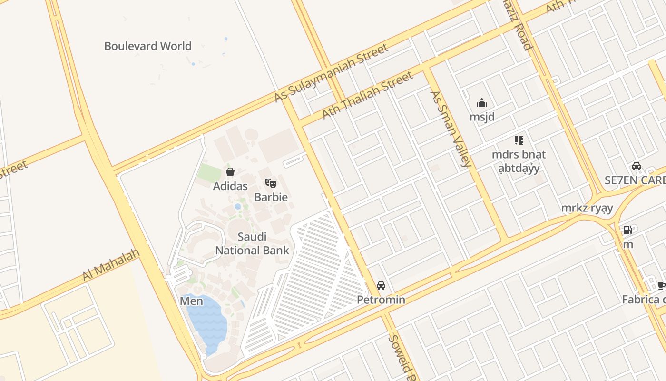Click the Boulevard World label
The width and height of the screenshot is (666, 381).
point(147,46)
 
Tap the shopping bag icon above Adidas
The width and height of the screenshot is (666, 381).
point(230,172)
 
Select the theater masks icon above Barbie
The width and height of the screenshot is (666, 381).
point(271,183)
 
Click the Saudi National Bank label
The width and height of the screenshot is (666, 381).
point(252,243)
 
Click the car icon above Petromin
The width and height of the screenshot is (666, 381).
point(381,286)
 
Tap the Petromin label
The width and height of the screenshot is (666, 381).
point(381,300)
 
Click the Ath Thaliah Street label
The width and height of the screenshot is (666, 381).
point(368,96)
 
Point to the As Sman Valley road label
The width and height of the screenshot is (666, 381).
point(451,128)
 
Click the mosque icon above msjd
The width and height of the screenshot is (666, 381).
point(482,103)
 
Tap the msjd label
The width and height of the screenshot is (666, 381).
point(482,117)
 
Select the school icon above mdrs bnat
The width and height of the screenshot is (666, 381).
point(519,140)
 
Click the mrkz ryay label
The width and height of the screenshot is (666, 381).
point(587,208)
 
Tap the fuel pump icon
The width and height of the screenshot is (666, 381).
point(628,230)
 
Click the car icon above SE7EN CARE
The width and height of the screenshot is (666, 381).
point(637,166)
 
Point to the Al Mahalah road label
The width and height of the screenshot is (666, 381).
point(111,264)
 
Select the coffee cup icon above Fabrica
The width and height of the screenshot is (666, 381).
point(661,285)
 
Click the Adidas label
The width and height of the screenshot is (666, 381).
point(230,186)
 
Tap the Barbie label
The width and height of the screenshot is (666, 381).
point(271,197)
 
